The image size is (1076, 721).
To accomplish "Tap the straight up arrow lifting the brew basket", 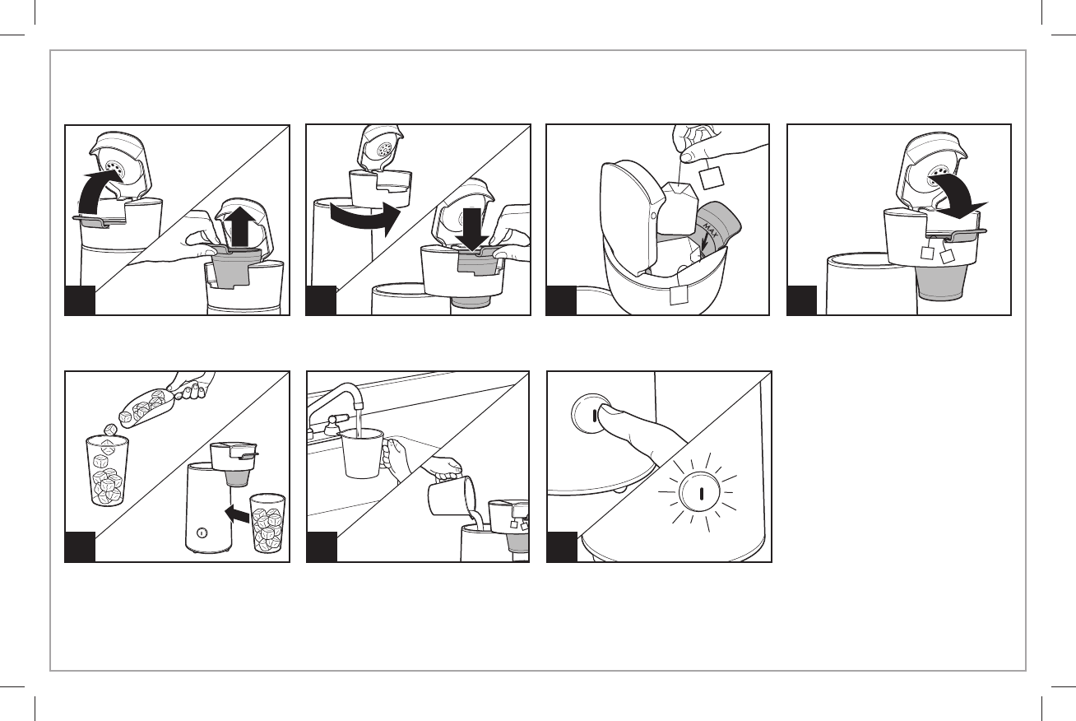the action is (247, 227).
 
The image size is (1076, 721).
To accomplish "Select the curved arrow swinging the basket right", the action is (365, 219).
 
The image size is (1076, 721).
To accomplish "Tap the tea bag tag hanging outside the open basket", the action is (679, 295).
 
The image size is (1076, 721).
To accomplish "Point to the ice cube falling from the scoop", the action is (111, 430).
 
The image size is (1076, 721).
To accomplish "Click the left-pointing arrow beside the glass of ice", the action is (237, 514).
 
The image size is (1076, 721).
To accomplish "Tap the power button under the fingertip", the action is (591, 414).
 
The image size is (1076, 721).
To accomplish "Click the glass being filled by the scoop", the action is (107, 470).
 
